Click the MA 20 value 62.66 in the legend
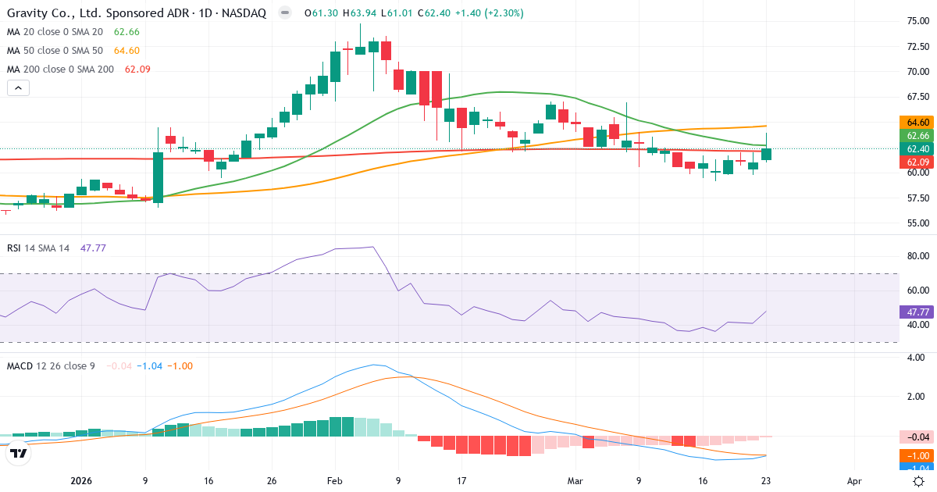[126, 32]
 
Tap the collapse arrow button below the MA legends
[18, 88]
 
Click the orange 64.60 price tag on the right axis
[918, 123]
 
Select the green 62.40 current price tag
[918, 148]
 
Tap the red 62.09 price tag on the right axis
[918, 162]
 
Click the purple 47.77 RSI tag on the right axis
[918, 312]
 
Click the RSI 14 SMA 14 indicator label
[38, 248]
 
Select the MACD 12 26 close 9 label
[51, 365]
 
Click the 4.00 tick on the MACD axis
[915, 358]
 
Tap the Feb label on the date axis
[335, 482]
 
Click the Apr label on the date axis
[854, 482]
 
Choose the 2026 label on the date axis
[82, 482]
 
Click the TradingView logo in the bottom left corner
[19, 453]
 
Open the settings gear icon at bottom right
[921, 481]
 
